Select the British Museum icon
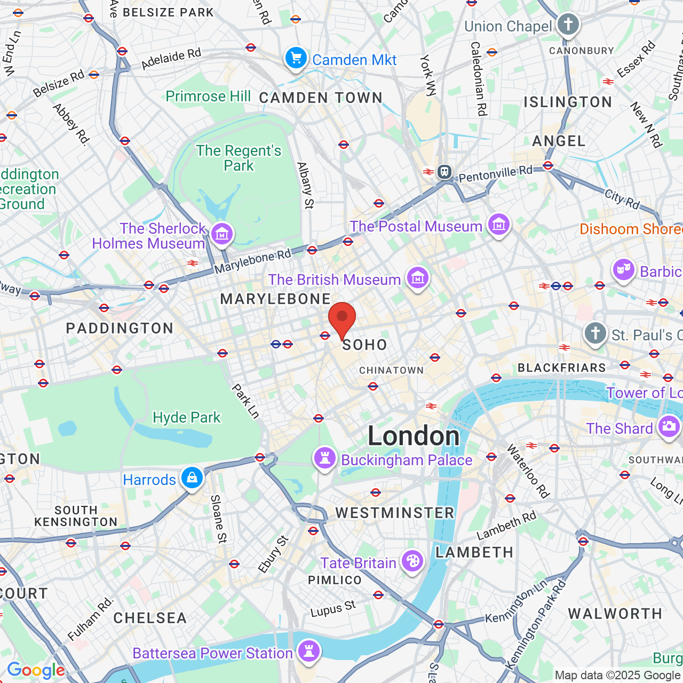coord(418,278)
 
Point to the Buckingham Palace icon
coord(324,458)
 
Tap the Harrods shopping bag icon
coord(192,478)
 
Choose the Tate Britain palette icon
coord(412,561)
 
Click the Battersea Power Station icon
coord(308,652)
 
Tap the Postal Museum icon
coord(499,225)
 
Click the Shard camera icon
coord(669,427)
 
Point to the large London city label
coord(414,436)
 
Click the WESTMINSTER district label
coord(395,513)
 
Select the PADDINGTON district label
coord(120,328)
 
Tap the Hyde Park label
coord(186,417)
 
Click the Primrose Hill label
coord(208,96)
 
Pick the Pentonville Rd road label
coord(495,173)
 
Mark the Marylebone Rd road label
coord(252,261)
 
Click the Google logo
coord(36,670)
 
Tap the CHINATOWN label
coord(391,370)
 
